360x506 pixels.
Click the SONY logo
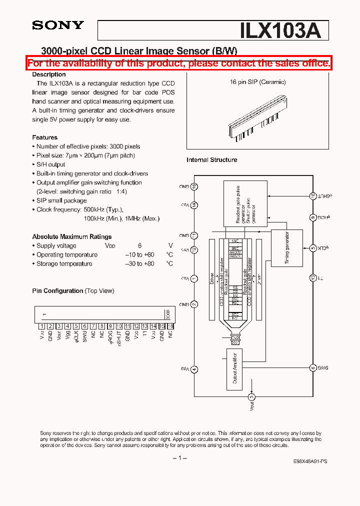tap(58, 25)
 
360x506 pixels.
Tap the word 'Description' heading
tap(49, 74)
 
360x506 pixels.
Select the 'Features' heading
tap(45, 137)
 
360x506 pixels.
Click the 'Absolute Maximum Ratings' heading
tap(72, 236)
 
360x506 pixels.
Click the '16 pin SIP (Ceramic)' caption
tap(257, 82)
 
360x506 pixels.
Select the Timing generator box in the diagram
tap(286, 247)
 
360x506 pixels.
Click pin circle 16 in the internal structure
tap(194, 186)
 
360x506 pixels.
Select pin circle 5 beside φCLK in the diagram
tap(313, 248)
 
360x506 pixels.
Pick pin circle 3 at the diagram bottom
tap(252, 397)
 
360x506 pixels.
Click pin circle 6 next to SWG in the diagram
tap(313, 367)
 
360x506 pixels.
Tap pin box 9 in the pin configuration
tap(110, 326)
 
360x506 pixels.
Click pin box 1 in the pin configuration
tap(42, 326)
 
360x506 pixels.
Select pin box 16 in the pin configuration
tap(170, 326)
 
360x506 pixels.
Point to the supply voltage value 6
tap(140, 245)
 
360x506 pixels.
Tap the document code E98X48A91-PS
tap(310, 463)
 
